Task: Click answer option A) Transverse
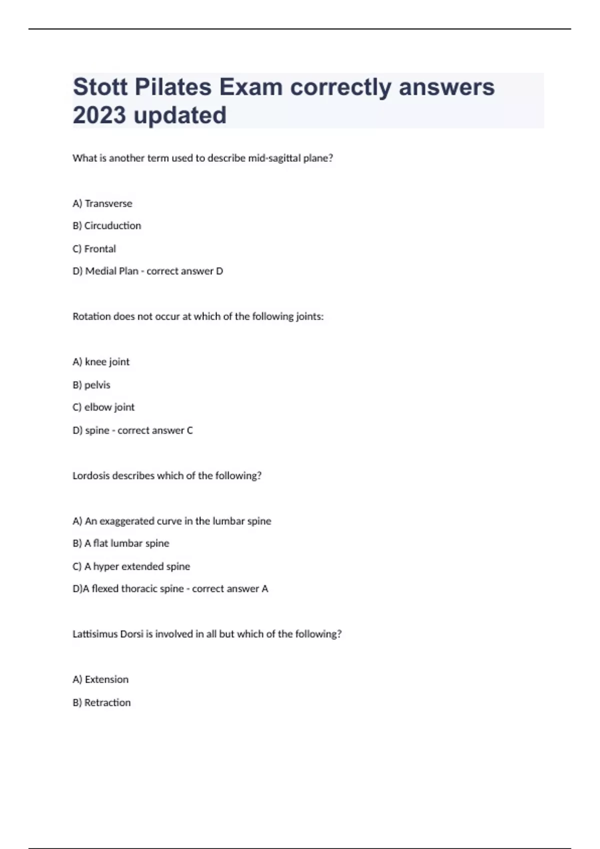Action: coord(102,203)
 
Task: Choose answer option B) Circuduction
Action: coord(106,226)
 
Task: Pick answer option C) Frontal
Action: coord(94,249)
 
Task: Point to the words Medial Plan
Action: coord(111,271)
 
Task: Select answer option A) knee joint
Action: coord(101,362)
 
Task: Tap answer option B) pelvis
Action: coord(91,385)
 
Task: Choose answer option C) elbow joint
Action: coord(103,408)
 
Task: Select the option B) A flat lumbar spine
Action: coord(121,543)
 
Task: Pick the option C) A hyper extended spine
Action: coord(131,566)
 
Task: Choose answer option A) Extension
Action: coord(100,680)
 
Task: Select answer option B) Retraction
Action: coord(101,703)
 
